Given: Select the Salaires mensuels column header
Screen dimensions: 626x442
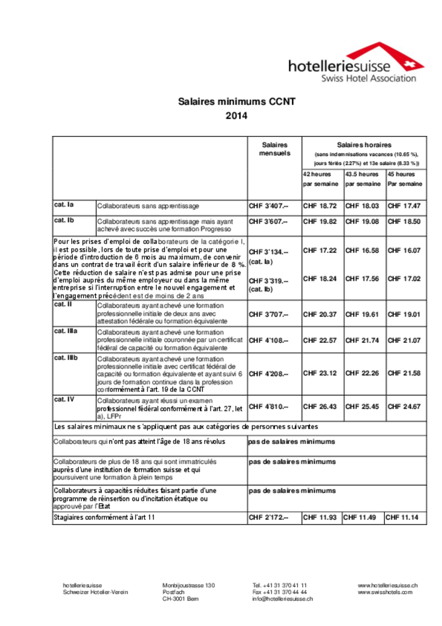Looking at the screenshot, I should click(275, 149).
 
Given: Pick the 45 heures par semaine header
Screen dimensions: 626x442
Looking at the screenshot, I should click(405, 179).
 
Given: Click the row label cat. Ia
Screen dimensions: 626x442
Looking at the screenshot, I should click(64, 205).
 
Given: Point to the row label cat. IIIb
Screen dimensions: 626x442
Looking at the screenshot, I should click(66, 357).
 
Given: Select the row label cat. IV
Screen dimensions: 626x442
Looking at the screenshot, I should click(64, 400).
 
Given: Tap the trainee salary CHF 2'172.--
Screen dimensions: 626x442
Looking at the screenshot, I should click(268, 518).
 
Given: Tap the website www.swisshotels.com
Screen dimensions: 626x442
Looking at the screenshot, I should click(385, 591).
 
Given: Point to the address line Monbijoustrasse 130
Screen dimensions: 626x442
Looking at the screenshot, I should click(189, 585).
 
